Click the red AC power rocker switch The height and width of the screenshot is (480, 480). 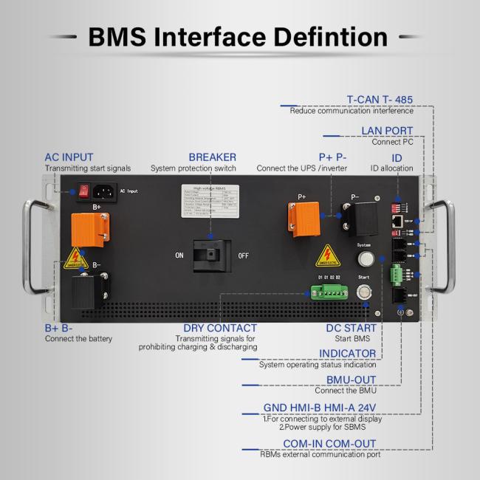click(86, 191)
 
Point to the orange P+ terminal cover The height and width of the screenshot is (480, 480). click(301, 219)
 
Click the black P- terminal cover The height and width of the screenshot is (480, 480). click(357, 218)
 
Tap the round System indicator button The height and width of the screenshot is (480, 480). click(363, 259)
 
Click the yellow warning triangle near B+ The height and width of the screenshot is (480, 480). click(75, 258)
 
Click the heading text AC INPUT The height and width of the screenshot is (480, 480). click(69, 157)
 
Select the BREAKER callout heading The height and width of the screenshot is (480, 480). click(212, 157)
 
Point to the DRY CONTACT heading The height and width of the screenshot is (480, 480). click(220, 328)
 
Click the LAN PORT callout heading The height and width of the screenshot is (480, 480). click(387, 131)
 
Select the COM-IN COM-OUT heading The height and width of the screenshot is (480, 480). click(330, 444)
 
